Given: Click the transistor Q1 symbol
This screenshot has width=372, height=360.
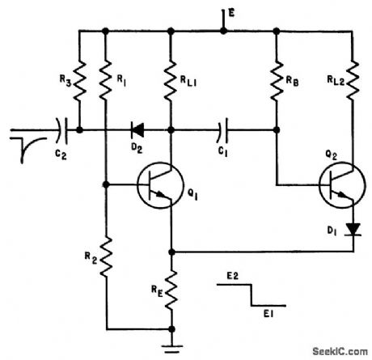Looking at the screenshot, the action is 160,185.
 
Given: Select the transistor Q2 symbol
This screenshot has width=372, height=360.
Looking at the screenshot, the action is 342,185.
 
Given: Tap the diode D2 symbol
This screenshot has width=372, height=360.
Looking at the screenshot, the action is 137,130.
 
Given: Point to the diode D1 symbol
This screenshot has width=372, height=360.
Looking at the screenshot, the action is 353,229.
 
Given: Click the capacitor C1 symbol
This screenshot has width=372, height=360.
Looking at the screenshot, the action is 222,130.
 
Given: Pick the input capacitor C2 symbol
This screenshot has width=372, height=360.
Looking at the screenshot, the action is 61,130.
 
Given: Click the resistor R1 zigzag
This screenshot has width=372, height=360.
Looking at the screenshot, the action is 105,81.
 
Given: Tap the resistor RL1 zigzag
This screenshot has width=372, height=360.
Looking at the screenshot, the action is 171,81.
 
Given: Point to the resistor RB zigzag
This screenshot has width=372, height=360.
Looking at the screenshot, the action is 277,81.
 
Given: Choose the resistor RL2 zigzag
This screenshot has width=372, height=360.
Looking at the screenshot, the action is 353,81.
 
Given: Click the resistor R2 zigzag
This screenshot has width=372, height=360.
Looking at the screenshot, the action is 106,257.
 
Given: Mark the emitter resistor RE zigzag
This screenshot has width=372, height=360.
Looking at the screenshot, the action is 171,290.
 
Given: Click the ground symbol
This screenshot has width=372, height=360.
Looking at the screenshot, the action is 171,349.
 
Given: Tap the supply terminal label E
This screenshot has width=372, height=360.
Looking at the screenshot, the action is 231,13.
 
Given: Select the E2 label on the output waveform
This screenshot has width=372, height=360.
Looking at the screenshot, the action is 232,276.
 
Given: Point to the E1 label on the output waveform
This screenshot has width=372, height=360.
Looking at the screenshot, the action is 268,314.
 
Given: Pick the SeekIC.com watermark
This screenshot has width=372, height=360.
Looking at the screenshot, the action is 340,351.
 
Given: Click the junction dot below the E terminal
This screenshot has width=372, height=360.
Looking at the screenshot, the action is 223,31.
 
